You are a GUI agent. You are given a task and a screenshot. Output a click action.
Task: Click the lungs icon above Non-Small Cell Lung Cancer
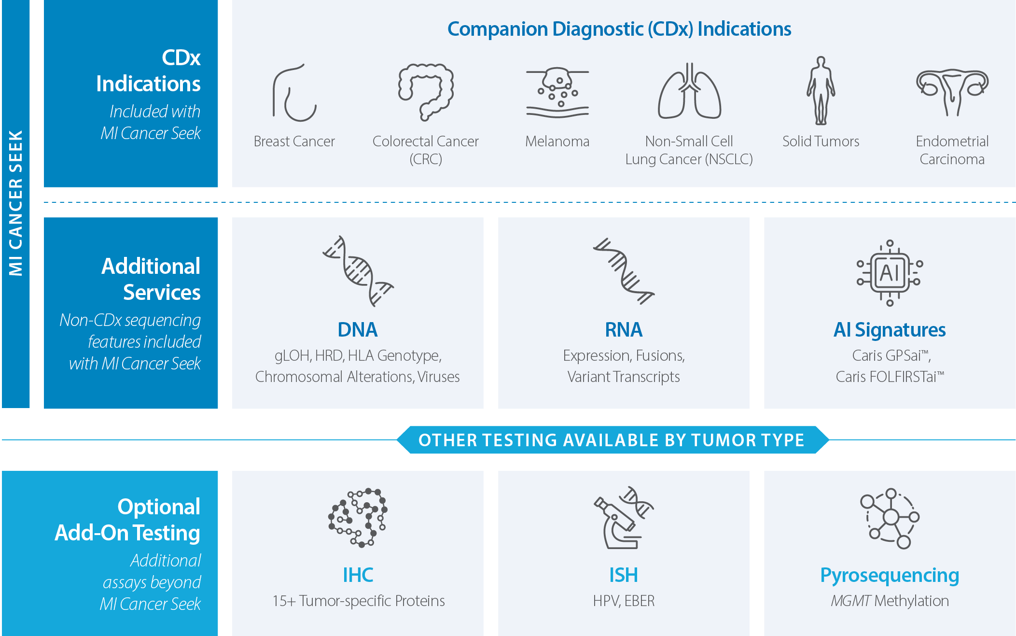[x=689, y=91]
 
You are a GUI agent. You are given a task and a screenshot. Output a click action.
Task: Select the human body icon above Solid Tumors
[x=821, y=91]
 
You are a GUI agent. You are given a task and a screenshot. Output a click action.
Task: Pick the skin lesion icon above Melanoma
[x=557, y=93]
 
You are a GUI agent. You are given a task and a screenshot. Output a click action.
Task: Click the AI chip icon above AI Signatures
[x=890, y=273]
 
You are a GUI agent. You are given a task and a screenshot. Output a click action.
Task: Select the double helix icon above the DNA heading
[x=358, y=270]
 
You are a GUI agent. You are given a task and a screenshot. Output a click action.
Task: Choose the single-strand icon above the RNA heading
[x=624, y=270]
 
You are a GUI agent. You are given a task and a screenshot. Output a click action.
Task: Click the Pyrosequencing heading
[x=890, y=575]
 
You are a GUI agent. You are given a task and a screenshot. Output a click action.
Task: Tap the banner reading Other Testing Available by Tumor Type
[x=612, y=440]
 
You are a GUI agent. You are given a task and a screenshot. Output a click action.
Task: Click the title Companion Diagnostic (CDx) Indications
[x=619, y=29]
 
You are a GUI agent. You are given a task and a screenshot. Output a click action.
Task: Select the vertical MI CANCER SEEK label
[x=16, y=203]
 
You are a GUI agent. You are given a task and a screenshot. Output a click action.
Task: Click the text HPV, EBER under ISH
[x=624, y=601]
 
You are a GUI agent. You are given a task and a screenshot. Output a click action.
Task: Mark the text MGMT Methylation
[x=890, y=601]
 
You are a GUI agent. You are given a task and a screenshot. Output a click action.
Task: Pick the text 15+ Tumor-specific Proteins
[x=358, y=601]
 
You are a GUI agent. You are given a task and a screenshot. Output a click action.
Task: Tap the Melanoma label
[x=557, y=141]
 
